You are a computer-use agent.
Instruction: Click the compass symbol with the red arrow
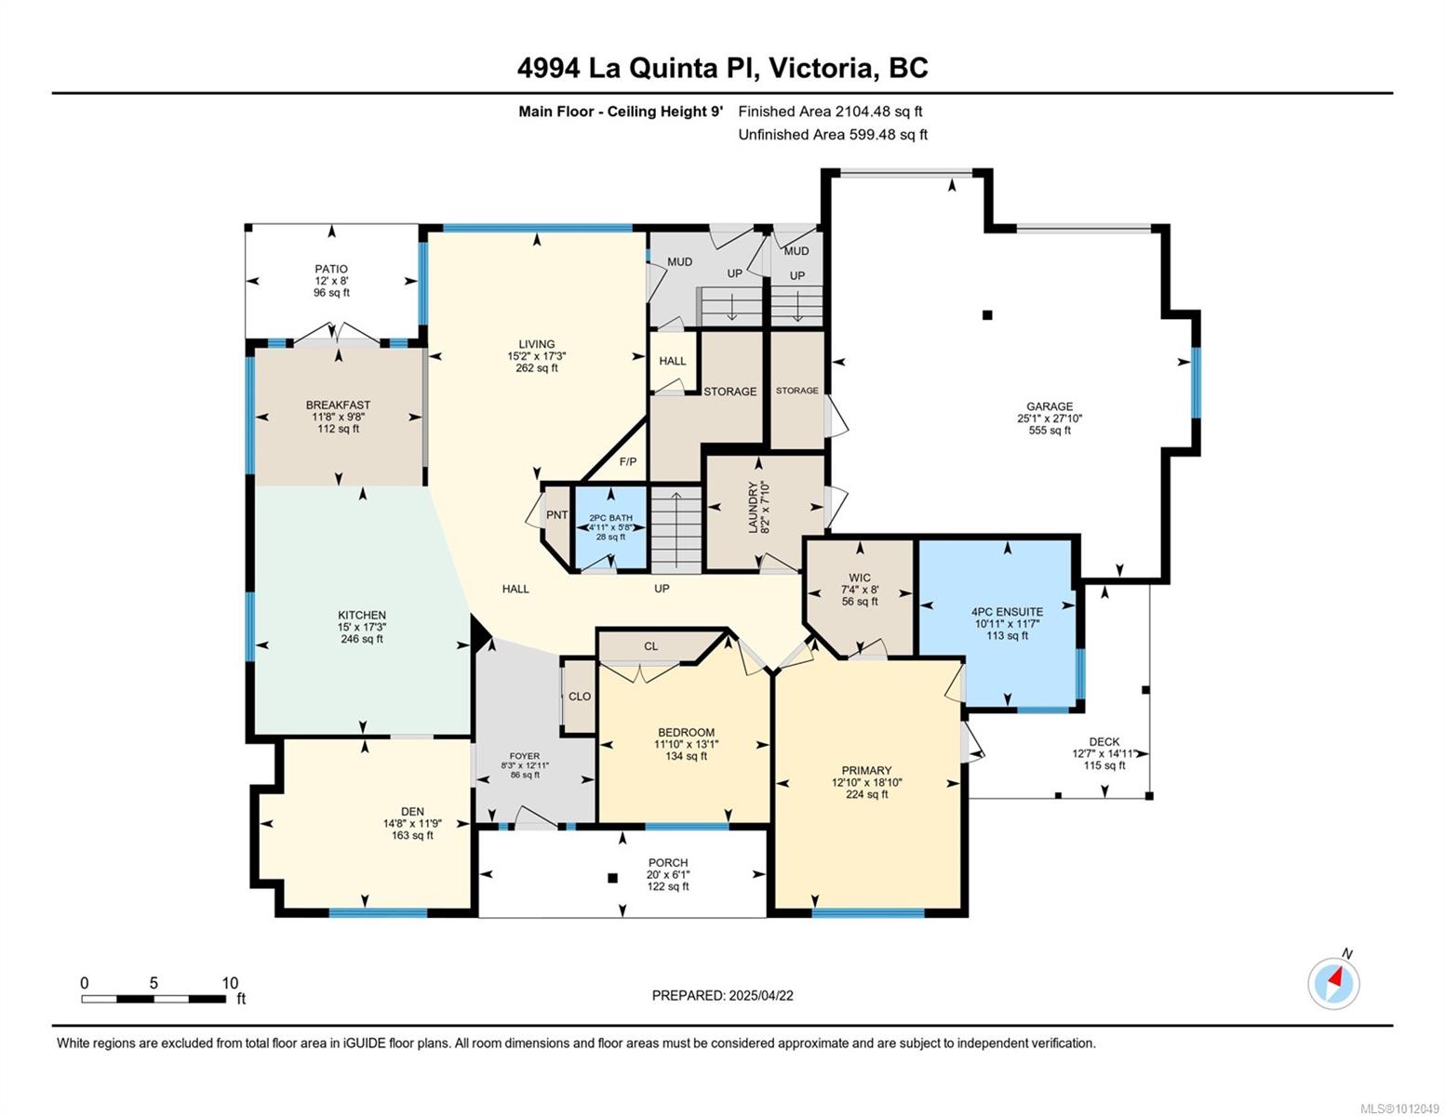click(1333, 982)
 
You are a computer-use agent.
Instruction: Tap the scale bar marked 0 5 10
click(154, 999)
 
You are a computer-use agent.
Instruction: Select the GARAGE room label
click(1049, 406)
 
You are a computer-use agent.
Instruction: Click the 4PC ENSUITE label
click(1007, 612)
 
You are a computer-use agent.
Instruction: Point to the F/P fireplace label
click(628, 462)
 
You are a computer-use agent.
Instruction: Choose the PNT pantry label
click(556, 515)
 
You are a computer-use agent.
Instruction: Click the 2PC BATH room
click(610, 527)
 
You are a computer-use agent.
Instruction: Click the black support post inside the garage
click(987, 315)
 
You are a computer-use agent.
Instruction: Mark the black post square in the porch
click(612, 878)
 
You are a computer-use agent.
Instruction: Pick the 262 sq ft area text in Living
click(537, 368)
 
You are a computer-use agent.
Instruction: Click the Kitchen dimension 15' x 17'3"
click(361, 627)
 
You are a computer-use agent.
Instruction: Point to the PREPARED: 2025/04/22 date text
click(722, 995)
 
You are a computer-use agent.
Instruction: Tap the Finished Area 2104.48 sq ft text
click(830, 112)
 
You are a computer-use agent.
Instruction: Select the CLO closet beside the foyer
click(579, 696)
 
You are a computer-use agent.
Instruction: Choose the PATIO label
click(331, 269)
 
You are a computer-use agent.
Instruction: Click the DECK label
click(1104, 742)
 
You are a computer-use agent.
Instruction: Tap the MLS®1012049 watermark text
click(1399, 1108)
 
